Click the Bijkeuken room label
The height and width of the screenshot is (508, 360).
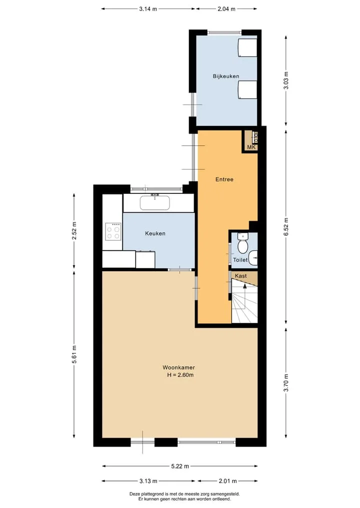[226, 76]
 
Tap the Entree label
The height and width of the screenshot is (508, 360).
[224, 179]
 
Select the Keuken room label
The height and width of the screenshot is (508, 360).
[155, 234]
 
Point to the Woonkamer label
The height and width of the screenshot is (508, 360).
[178, 368]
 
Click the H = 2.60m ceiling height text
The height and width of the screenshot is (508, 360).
[180, 375]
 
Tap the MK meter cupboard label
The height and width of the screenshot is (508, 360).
[251, 147]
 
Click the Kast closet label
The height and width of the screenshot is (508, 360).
[241, 276]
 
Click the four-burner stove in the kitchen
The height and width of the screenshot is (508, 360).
[113, 232]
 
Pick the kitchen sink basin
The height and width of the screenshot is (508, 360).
[155, 203]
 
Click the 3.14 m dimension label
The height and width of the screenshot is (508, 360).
[148, 9]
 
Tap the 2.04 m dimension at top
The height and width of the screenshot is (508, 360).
[226, 9]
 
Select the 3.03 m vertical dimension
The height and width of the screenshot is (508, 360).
[285, 80]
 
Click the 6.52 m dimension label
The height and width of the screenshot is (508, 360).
[285, 227]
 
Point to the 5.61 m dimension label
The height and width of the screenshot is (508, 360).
[74, 355]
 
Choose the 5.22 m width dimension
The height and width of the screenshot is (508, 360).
[180, 467]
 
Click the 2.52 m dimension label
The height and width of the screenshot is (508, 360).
[74, 231]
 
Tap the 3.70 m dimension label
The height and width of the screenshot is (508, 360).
[285, 383]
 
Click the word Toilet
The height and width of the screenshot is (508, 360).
[240, 260]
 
